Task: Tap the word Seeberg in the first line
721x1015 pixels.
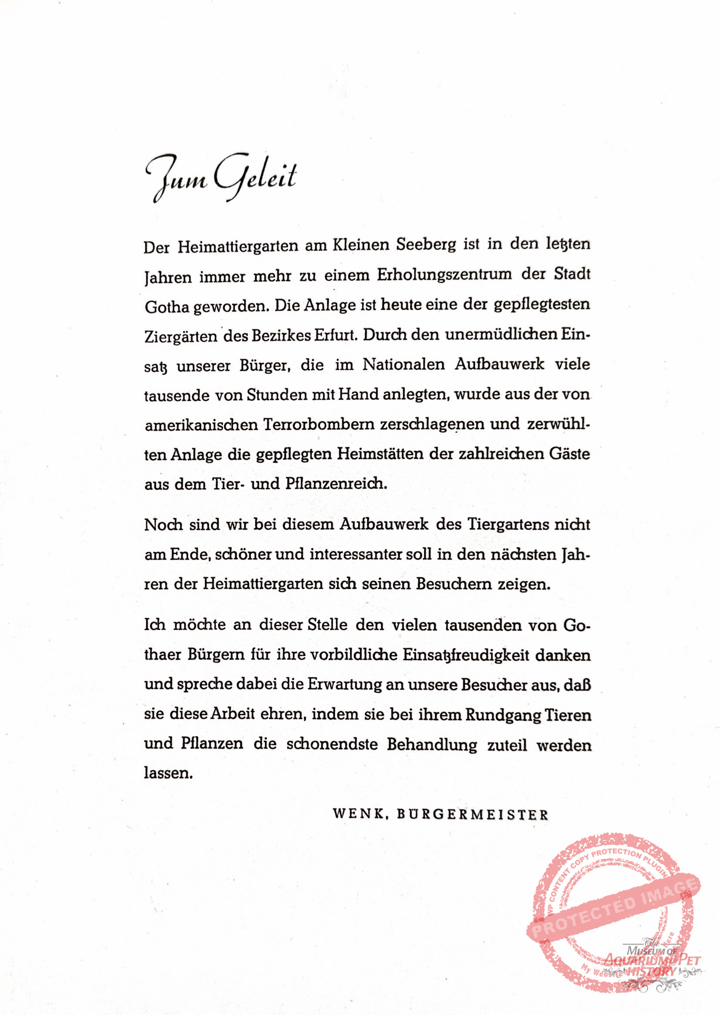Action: click(x=426, y=245)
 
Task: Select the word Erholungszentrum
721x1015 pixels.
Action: click(x=444, y=275)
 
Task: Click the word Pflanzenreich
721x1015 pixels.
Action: click(x=336, y=484)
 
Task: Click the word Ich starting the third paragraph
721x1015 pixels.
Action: click(x=154, y=625)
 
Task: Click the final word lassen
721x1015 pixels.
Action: click(x=168, y=773)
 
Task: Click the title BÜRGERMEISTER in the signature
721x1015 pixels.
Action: click(x=472, y=814)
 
